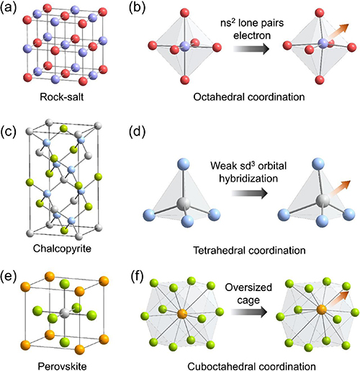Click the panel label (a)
(15, 9)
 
